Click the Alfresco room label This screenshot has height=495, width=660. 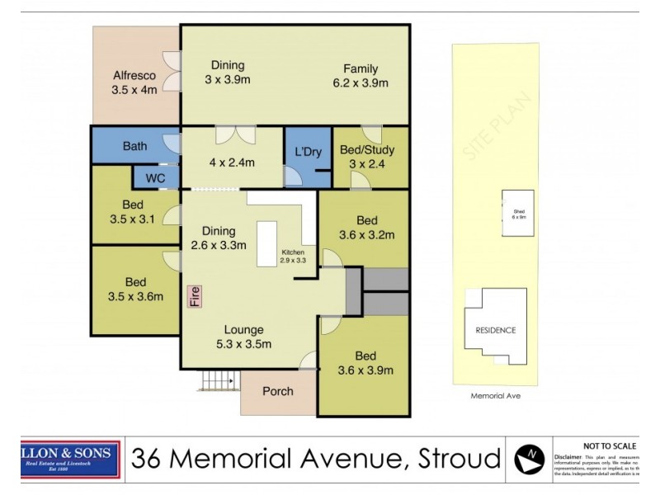click(x=134, y=82)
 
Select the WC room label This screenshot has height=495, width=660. click(x=156, y=177)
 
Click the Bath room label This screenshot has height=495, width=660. click(x=134, y=147)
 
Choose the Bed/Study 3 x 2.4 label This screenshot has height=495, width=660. click(x=367, y=157)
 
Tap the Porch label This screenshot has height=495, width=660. click(x=277, y=391)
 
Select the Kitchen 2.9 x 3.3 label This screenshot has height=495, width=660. click(x=294, y=256)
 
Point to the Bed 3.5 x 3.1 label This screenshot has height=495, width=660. click(x=134, y=212)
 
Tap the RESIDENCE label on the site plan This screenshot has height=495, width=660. click(x=496, y=330)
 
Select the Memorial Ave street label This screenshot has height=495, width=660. click(x=495, y=396)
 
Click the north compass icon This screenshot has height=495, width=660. click(x=529, y=458)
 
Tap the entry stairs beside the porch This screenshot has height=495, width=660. click(x=218, y=381)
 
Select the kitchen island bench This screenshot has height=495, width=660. click(x=267, y=244)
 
